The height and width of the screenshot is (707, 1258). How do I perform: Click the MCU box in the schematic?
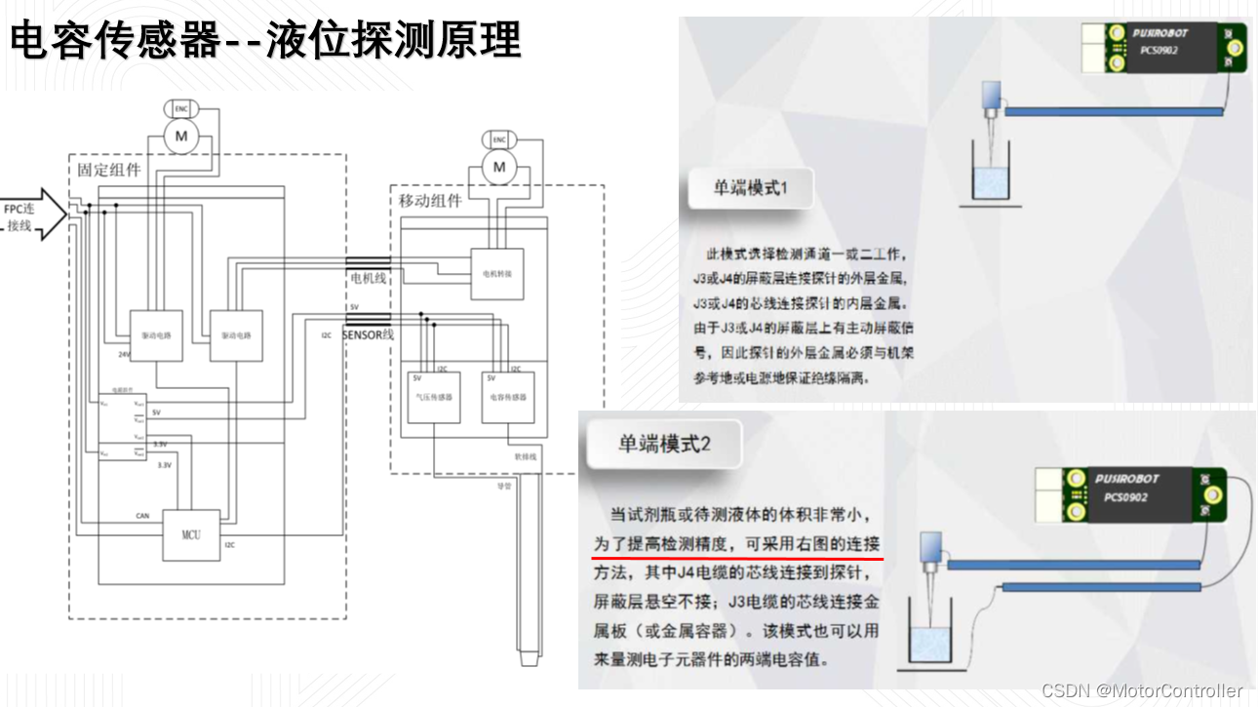pos(191,534)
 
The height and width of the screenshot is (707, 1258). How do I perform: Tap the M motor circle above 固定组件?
pos(180,137)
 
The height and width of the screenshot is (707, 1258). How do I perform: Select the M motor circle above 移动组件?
pos(500,168)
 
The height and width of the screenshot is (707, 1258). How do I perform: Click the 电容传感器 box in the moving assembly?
pos(508,397)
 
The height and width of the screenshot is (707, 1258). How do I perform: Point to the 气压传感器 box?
pos(432,397)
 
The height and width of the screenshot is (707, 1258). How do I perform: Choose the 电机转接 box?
pos(496,274)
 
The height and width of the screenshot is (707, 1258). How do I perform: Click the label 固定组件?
pos(109,170)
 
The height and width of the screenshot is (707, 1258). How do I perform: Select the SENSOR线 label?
pos(368,334)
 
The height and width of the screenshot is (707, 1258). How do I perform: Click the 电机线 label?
pos(368,279)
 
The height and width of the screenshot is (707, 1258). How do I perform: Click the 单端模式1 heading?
pos(749,188)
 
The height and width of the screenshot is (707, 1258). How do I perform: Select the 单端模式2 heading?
pos(664,443)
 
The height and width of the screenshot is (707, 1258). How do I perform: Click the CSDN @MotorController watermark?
pos(1142,690)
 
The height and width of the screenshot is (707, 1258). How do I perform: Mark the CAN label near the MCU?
pos(142,514)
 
